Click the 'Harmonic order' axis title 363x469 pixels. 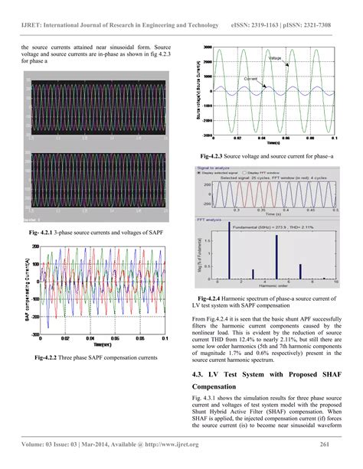tap(271, 288)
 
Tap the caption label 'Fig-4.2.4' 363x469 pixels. tap(214, 298)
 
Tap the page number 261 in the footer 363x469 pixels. tap(324, 444)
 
